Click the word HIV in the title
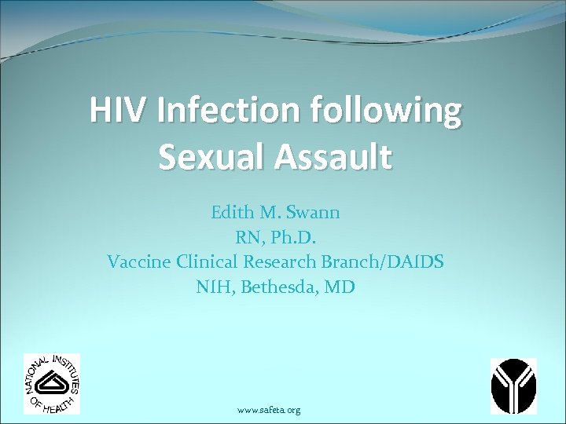[119, 111]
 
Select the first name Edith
[232, 213]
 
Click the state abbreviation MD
[343, 287]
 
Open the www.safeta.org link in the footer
[268, 410]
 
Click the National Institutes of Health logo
[52, 383]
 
